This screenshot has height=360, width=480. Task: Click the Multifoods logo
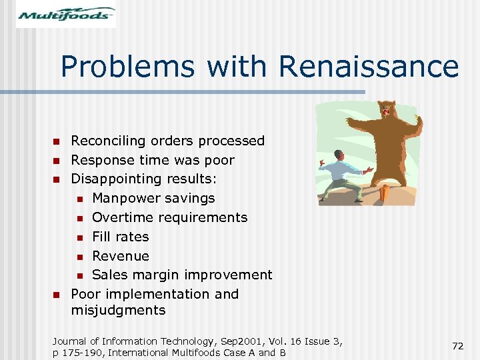66,14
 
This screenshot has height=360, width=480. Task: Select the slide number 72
457,346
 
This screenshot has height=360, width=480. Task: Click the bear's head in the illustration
386,113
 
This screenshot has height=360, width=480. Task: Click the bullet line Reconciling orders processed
167,141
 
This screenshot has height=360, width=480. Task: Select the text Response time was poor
153,160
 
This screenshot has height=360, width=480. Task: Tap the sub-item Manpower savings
153,198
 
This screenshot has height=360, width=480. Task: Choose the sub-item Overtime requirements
169,217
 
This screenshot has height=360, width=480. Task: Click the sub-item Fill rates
120,237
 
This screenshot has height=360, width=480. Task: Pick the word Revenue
120,256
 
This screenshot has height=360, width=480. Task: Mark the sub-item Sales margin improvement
182,275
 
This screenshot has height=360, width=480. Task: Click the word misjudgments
118,310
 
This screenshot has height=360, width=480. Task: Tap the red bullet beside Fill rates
79,237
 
